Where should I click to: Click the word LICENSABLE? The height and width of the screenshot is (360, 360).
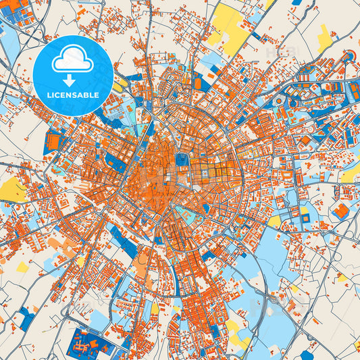point(72,95)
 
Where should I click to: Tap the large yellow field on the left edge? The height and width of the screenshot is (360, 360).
point(12,191)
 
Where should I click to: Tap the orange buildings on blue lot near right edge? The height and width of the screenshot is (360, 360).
point(341,211)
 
